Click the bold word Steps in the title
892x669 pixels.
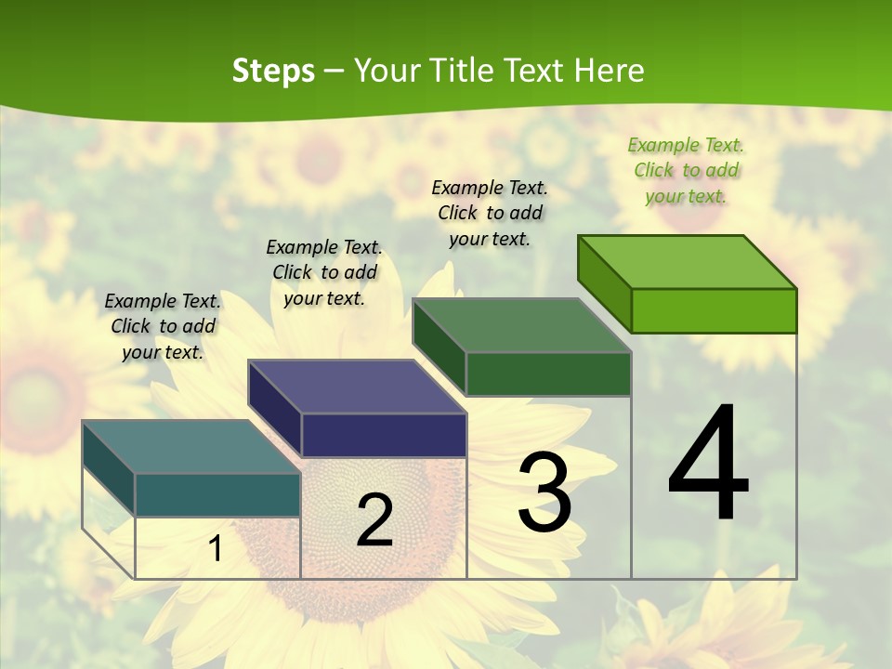tap(273, 71)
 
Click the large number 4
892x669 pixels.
tap(708, 465)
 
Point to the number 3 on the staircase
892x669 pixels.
tap(544, 492)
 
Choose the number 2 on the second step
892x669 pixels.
tap(374, 520)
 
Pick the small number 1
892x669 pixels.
tap(216, 548)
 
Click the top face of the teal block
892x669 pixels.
tap(191, 447)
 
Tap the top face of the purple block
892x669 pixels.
tap(357, 387)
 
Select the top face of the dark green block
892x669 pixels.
tap(521, 326)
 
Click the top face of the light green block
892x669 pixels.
tap(687, 262)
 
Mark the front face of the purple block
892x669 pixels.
tap(384, 436)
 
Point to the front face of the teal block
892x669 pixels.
tap(217, 495)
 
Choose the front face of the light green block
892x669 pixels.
tap(714, 310)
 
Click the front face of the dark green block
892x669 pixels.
tap(548, 374)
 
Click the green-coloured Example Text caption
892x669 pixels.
tap(686, 170)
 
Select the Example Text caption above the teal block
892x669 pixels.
tap(163, 326)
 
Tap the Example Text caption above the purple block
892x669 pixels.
tap(324, 272)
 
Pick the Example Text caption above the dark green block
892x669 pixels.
tap(490, 213)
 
